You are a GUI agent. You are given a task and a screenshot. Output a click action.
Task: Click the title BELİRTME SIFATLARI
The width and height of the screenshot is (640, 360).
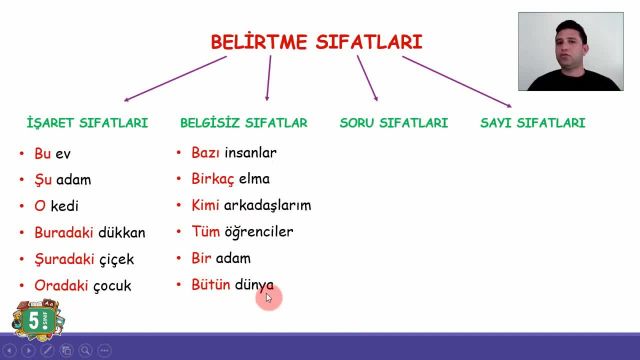[x=316, y=42]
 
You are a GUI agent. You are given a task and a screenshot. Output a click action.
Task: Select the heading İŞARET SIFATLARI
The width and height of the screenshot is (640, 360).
[x=87, y=123]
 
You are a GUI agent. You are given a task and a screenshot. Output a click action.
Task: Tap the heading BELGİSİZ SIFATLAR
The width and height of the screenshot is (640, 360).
[x=243, y=123]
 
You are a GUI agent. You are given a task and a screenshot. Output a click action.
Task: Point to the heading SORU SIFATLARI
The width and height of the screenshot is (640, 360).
[x=393, y=123]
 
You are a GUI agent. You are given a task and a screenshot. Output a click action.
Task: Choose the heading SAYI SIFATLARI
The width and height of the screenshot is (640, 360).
[x=533, y=123]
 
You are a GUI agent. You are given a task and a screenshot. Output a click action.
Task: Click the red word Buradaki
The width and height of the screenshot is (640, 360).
[x=63, y=233]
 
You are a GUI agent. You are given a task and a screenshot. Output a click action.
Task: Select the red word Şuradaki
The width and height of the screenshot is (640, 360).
[x=63, y=259]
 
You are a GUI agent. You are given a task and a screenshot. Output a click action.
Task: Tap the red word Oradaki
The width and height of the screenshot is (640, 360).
[x=61, y=285]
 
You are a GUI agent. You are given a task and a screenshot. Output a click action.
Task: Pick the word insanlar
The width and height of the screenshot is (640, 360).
[x=250, y=153]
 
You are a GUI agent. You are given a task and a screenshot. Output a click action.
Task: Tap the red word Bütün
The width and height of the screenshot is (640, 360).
[x=211, y=285]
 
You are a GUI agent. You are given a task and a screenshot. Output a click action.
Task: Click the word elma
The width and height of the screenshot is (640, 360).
[x=255, y=180]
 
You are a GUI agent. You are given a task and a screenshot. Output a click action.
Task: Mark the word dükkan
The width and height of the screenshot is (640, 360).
[x=122, y=233]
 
